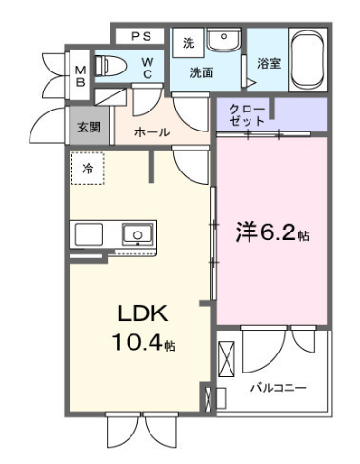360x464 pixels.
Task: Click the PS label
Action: pyautogui.click(x=141, y=36)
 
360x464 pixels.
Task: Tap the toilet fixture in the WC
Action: pyautogui.click(x=110, y=66)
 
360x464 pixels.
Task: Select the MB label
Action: pyautogui.click(x=80, y=76)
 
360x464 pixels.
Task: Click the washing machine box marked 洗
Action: pyautogui.click(x=189, y=43)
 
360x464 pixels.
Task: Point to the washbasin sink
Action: pyautogui.click(x=224, y=39)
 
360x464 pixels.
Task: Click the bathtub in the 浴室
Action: pyautogui.click(x=308, y=60)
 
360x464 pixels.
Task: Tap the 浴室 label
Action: pyautogui.click(x=269, y=64)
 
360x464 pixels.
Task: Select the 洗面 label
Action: pyautogui.click(x=202, y=73)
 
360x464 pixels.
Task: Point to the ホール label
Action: pyautogui.click(x=151, y=132)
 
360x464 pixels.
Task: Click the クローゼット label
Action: pyautogui.click(x=247, y=115)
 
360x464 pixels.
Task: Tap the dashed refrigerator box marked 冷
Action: pyautogui.click(x=88, y=169)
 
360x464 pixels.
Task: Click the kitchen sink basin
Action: pyautogui.click(x=138, y=234)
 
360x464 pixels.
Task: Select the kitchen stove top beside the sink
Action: pyautogui.click(x=89, y=234)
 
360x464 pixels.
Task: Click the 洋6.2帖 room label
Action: pyautogui.click(x=272, y=233)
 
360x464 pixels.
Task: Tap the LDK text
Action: pyautogui.click(x=143, y=313)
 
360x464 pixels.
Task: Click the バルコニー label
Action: pyautogui.click(x=279, y=388)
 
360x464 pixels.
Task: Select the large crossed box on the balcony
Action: pyautogui.click(x=227, y=359)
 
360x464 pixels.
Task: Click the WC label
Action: pyautogui.click(x=148, y=68)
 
